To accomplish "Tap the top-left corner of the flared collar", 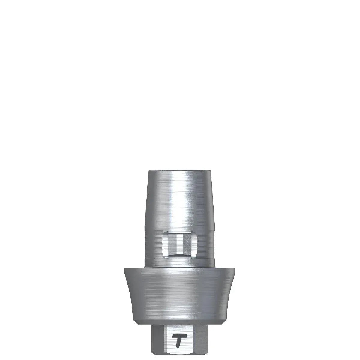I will click(x=125, y=268).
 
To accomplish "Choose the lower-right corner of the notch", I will click(x=197, y=257).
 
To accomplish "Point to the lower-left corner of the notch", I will click(x=163, y=257).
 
